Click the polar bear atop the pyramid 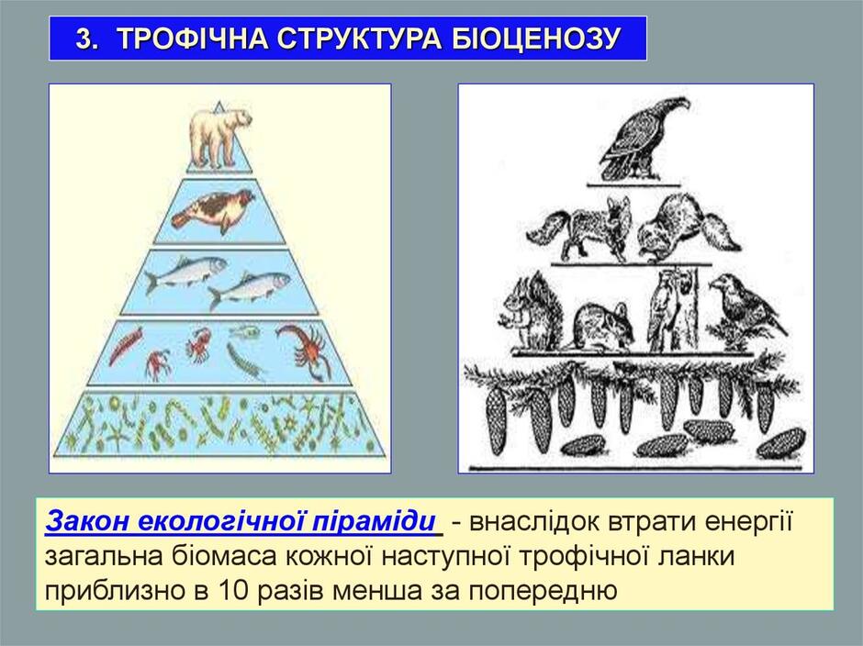click(220, 138)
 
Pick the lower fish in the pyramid click(250, 291)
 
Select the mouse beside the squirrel click(602, 328)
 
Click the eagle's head click(675, 105)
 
